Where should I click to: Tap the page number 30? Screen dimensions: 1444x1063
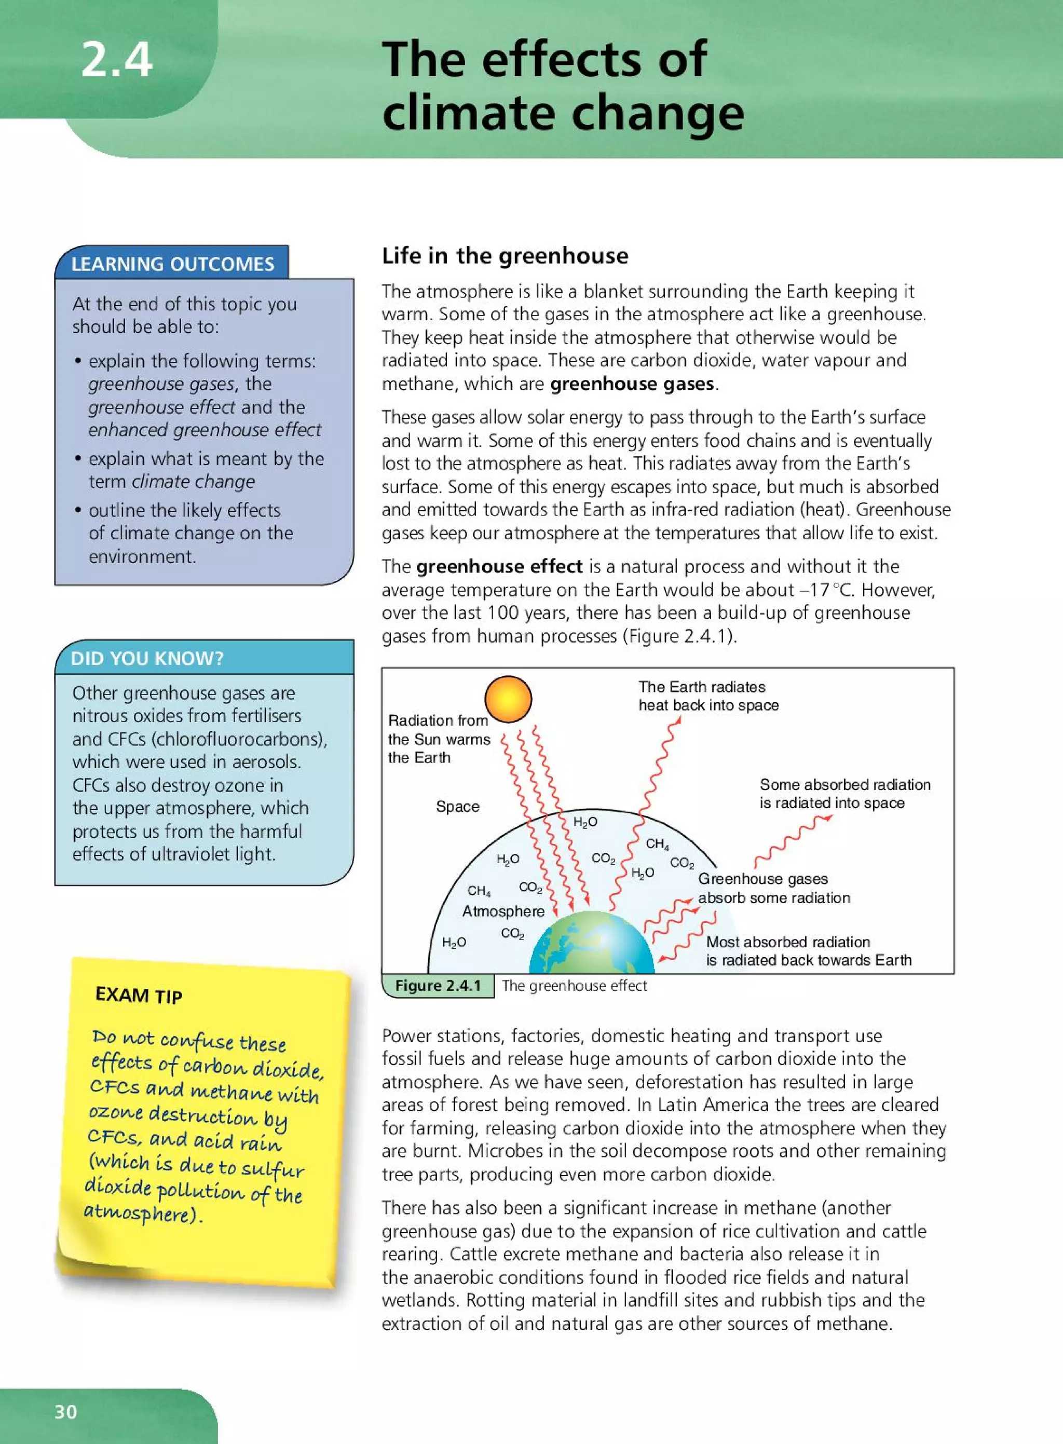point(65,1411)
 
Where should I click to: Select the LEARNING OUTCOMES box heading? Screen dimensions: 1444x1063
point(172,264)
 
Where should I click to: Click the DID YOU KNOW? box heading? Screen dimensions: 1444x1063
point(147,658)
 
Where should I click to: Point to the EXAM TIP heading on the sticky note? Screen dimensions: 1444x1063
point(139,996)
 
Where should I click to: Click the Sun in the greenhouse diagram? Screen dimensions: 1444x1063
point(508,698)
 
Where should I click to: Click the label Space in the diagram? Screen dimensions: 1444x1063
point(457,806)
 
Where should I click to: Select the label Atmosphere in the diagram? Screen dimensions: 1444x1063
point(503,911)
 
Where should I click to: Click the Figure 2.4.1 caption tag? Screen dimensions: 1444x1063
point(438,986)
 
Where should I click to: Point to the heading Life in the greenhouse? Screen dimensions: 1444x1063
point(505,255)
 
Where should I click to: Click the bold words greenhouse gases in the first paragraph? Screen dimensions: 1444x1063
point(632,384)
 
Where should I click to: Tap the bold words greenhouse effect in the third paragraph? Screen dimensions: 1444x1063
point(499,566)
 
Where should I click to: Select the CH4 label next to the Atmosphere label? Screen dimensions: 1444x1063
point(479,891)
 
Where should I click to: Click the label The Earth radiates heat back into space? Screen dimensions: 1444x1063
point(708,696)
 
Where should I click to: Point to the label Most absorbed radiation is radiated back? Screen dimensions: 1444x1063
point(808,950)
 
